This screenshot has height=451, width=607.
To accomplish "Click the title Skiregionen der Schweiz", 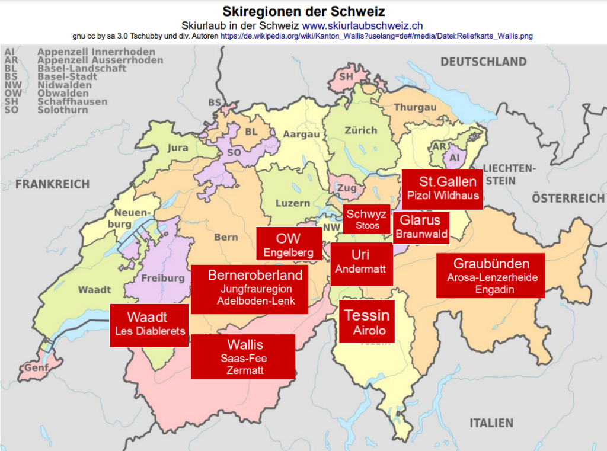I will tap(303, 11).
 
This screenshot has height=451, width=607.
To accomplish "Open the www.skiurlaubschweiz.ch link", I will tap(362, 25).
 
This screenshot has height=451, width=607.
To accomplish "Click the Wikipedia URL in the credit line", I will tap(376, 36).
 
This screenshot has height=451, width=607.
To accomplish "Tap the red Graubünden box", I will tap(490, 276).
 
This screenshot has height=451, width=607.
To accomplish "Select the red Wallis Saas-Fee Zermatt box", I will tap(243, 357).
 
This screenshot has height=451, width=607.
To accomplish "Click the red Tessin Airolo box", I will tap(367, 321).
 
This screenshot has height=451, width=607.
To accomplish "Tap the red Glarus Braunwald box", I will tap(420, 227).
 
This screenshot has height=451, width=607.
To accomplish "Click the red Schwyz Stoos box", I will tap(367, 219).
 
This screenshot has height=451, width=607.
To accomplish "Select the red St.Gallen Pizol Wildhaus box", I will tap(442, 188).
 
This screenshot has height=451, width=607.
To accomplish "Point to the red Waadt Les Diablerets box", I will tap(149, 325).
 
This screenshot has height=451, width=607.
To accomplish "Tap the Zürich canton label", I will tap(361, 130).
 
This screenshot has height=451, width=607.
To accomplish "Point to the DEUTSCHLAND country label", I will tap(483, 62).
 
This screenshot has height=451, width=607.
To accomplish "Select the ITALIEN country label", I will tap(491, 423).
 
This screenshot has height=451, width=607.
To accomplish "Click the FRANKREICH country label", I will tap(53, 184).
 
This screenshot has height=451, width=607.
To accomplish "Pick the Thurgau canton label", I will tap(415, 107).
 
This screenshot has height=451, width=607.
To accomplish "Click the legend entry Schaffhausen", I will tap(72, 102).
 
